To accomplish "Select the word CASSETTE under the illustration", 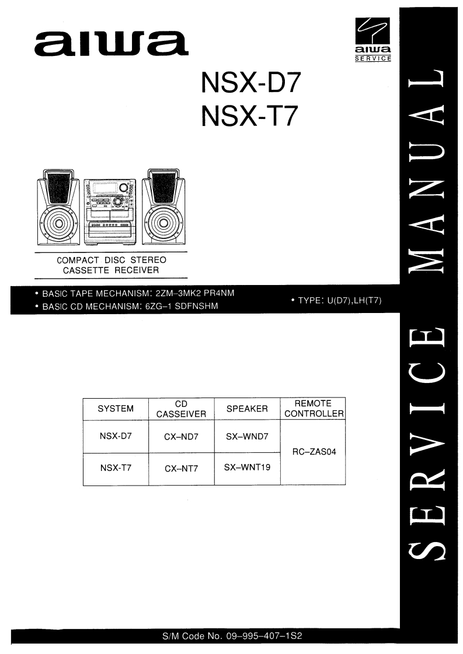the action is [85, 270].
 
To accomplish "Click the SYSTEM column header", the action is [116, 409].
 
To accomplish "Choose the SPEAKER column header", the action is [247, 409].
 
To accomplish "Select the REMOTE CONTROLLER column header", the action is [313, 409].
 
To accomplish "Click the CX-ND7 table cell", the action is [182, 437].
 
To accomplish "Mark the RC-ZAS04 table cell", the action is [313, 452].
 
